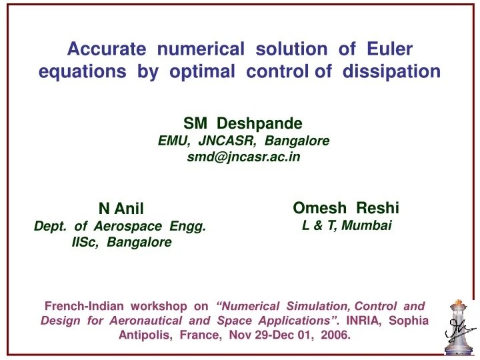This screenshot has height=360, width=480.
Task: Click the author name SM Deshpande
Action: point(243,123)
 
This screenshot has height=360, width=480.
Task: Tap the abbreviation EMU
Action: point(173,141)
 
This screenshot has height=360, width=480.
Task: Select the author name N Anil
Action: point(121,209)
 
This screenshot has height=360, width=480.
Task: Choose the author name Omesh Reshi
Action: point(346,207)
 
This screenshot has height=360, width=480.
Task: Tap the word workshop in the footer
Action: point(159,306)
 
